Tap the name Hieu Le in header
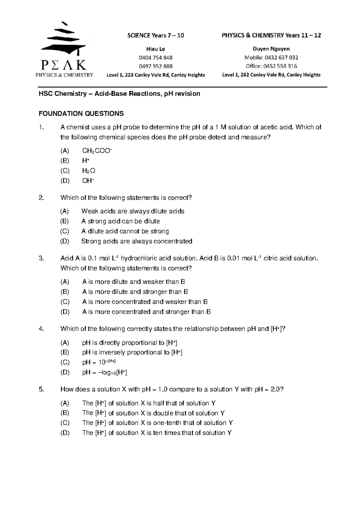pyautogui.click(x=155, y=49)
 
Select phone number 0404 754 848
pyautogui.click(x=155, y=58)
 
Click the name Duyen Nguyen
pyautogui.click(x=271, y=49)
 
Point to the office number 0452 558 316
pyautogui.click(x=271, y=66)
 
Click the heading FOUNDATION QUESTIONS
pyautogui.click(x=81, y=113)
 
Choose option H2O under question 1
pyautogui.click(x=88, y=171)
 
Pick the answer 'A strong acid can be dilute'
pyautogui.click(x=120, y=221)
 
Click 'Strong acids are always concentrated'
pyautogui.click(x=136, y=241)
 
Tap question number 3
pyautogui.click(x=41, y=258)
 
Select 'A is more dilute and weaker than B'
pyautogui.click(x=133, y=282)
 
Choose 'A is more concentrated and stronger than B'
pyautogui.click(x=146, y=312)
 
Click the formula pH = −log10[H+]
pyautogui.click(x=104, y=372)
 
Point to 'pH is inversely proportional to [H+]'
pyautogui.click(x=132, y=352)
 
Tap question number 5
pyautogui.click(x=41, y=389)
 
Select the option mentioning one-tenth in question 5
pyautogui.click(x=157, y=423)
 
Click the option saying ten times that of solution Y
pyautogui.click(x=157, y=433)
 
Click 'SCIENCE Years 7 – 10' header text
pyautogui.click(x=155, y=35)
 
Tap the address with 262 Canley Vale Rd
pyautogui.click(x=271, y=75)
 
